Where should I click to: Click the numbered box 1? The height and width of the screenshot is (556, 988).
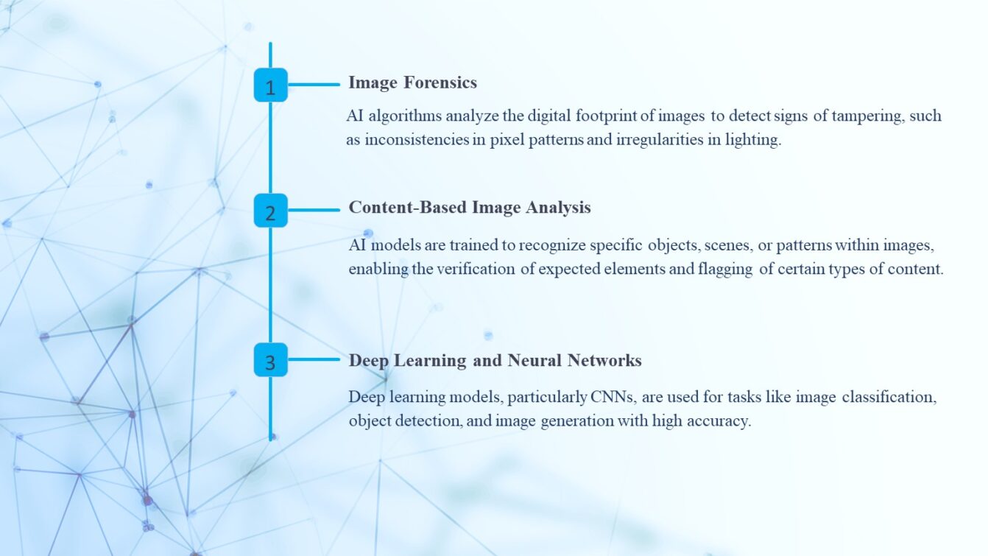coord(270,85)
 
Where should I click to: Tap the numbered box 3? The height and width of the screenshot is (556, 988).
coord(270,360)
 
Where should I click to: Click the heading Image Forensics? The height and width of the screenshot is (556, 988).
coord(412,82)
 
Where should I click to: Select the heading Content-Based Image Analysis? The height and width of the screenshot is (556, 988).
coord(469,208)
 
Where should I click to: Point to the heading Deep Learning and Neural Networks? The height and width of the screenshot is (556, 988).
coord(495,360)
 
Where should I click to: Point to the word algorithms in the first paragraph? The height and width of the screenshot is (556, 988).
coord(402,116)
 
